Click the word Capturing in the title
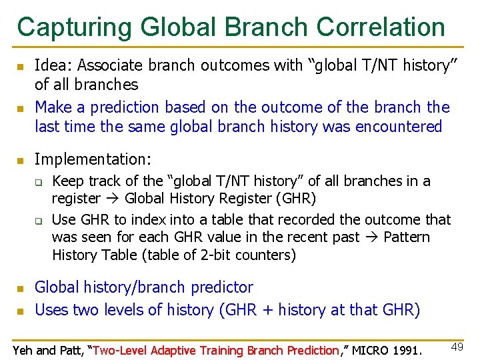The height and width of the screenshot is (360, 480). [x=74, y=27]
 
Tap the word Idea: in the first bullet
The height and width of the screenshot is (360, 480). [x=54, y=65]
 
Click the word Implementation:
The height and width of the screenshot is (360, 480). [x=93, y=159]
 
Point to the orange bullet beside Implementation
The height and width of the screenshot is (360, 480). [x=21, y=161]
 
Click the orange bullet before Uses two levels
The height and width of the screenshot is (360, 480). [x=21, y=311]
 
